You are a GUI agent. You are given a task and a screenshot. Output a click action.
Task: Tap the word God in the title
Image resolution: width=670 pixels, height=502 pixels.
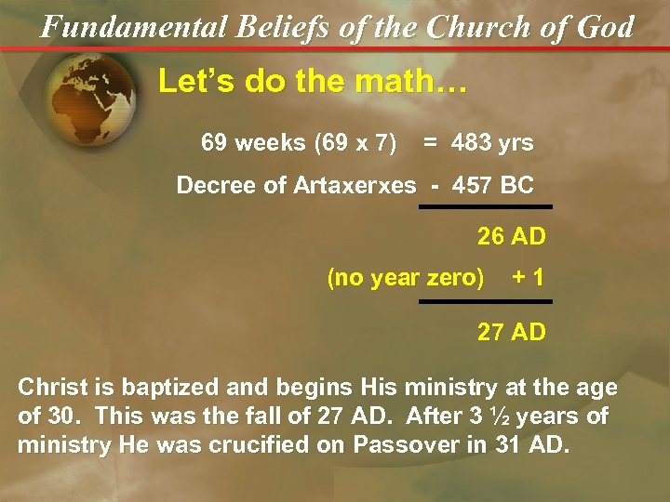(x=604, y=26)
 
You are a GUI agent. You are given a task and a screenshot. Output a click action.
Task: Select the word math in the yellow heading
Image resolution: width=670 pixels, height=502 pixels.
(x=386, y=82)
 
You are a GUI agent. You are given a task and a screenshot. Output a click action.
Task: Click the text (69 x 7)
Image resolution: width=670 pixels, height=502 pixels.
(x=355, y=142)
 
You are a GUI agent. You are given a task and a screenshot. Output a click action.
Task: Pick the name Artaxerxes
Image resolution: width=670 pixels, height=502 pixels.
(x=355, y=185)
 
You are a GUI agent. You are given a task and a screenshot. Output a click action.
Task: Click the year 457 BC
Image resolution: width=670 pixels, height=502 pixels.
(x=493, y=185)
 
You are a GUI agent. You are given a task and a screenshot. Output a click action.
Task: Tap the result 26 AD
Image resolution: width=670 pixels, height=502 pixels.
(x=511, y=237)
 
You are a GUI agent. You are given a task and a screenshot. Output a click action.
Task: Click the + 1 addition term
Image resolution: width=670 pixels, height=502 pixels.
(x=529, y=278)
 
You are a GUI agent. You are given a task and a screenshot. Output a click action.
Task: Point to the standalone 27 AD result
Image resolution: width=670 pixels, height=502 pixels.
(x=511, y=332)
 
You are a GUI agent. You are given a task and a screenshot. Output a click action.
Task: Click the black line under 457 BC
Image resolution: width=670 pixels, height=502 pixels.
(x=485, y=206)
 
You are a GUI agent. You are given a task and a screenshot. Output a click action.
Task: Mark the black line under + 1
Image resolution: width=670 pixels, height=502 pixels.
(x=485, y=301)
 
